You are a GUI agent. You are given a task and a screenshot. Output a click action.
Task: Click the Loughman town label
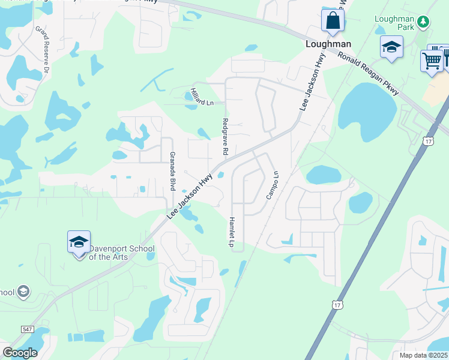[x=328, y=44]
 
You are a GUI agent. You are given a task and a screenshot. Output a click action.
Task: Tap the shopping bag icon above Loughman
[x=331, y=21]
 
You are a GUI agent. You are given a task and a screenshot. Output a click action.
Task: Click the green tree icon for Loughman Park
[x=424, y=22]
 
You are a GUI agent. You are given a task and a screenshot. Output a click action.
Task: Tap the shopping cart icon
[x=432, y=59]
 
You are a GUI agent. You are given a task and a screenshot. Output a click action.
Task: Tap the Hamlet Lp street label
[x=231, y=232]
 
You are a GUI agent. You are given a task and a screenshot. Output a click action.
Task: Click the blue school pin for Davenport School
[x=79, y=243]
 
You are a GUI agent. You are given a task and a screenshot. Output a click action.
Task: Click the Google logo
[x=20, y=353]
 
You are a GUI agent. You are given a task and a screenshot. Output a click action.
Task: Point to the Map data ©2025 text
[x=424, y=355]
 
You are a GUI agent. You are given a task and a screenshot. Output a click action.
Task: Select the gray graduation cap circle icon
[x=23, y=292]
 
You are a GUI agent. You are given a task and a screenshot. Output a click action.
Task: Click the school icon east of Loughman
[x=391, y=47]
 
